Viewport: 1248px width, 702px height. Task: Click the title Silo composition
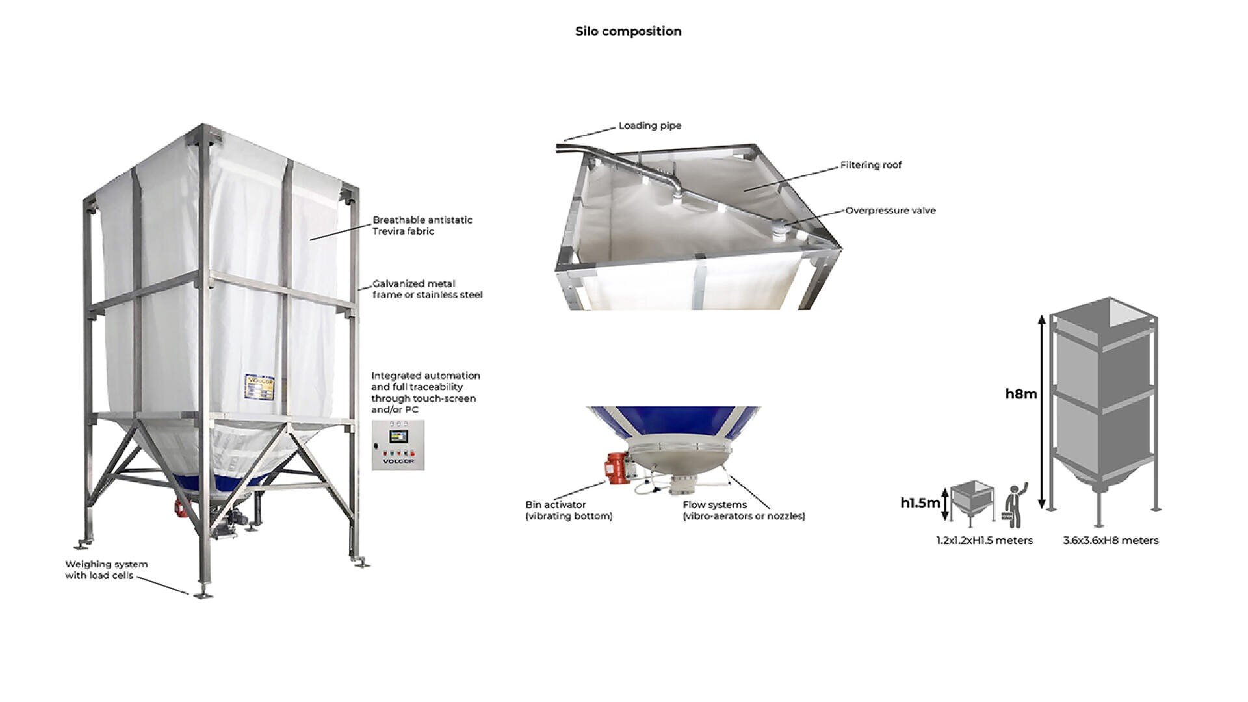[628, 31]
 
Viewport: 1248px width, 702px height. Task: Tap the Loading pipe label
[649, 125]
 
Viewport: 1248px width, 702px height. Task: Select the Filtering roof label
[870, 165]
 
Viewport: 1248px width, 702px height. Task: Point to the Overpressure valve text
[890, 211]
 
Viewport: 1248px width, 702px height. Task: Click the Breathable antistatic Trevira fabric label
[422, 226]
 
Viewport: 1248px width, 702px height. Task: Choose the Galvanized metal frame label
[427, 289]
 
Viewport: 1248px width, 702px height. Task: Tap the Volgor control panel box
[398, 445]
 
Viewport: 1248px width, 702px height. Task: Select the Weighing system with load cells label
[106, 570]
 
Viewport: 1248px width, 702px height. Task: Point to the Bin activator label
[568, 510]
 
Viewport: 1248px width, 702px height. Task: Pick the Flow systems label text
[743, 510]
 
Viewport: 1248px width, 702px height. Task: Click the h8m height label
[1020, 394]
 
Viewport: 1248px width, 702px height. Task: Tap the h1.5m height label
[919, 502]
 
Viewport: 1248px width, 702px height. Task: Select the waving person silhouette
[1014, 506]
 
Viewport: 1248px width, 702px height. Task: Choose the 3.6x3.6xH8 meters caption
[1110, 541]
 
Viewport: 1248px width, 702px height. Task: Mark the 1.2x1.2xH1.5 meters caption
[984, 541]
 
